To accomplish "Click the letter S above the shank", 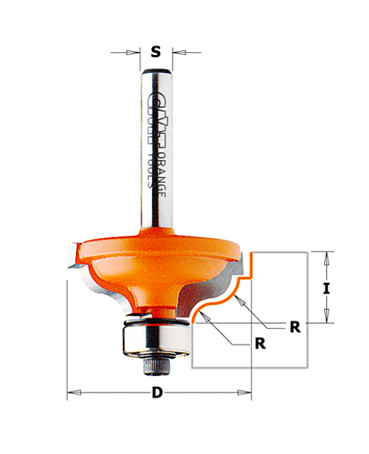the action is pyautogui.click(x=156, y=52).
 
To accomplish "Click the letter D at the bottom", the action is pyautogui.click(x=157, y=393).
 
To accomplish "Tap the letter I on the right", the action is pyautogui.click(x=326, y=288).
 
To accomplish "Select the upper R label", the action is pyautogui.click(x=295, y=327).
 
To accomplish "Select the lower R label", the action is pyautogui.click(x=260, y=343).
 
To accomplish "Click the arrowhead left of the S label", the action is pyautogui.click(x=133, y=52).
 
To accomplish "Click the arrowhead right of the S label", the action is pyautogui.click(x=179, y=52).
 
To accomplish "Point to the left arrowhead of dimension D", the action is pyautogui.click(x=74, y=393).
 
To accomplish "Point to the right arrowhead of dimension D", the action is pyautogui.click(x=245, y=393).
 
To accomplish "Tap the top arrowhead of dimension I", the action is pyautogui.click(x=327, y=259).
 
